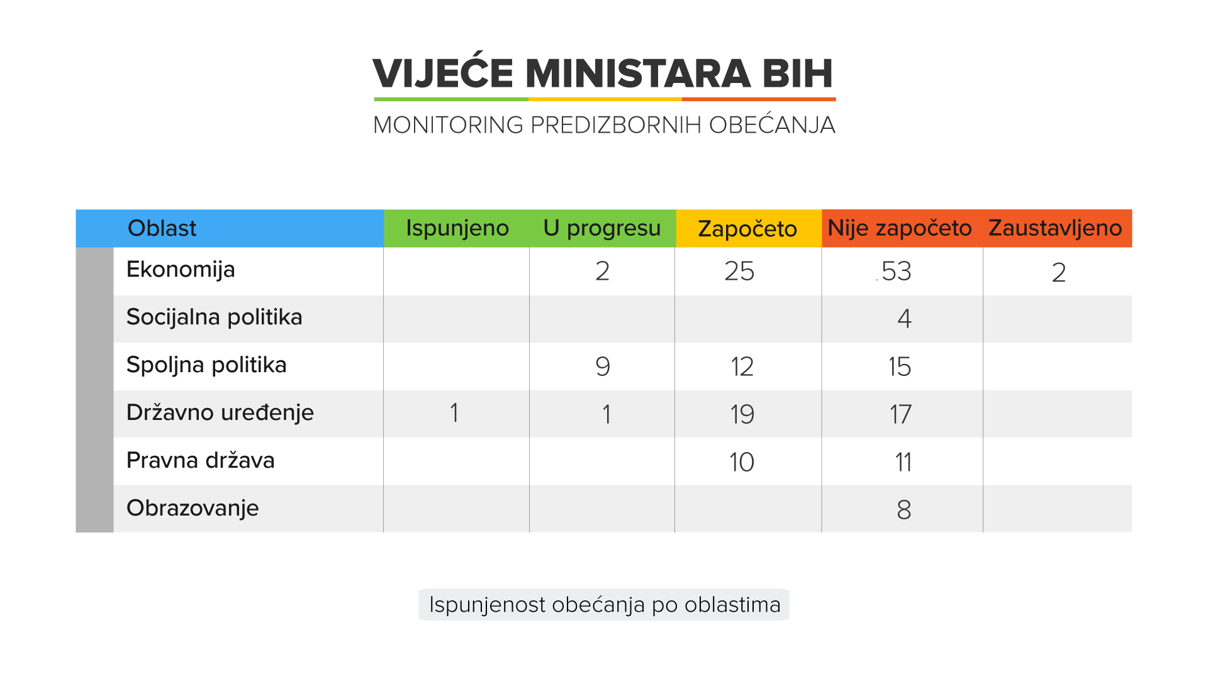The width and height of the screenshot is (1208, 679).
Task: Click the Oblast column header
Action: pyautogui.click(x=162, y=228)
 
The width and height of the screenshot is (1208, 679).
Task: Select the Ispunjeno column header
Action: pyautogui.click(x=457, y=228)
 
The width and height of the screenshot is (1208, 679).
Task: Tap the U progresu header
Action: pyautogui.click(x=602, y=228)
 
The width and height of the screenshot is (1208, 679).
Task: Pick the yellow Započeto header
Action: pyautogui.click(x=747, y=229)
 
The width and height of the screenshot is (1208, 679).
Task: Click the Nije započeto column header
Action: pyautogui.click(x=899, y=228)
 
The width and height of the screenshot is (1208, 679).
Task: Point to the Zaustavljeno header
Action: pyautogui.click(x=1055, y=228)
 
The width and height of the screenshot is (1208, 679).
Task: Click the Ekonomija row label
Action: pyautogui.click(x=181, y=270)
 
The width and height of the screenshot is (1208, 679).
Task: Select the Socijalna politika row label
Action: pyautogui.click(x=214, y=317)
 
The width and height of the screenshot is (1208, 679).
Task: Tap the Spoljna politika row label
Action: pyautogui.click(x=206, y=365)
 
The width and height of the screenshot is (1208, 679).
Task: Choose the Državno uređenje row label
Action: pyautogui.click(x=220, y=413)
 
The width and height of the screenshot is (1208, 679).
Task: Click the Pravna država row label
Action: pyautogui.click(x=200, y=461)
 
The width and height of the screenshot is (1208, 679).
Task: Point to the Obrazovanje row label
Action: pyautogui.click(x=193, y=508)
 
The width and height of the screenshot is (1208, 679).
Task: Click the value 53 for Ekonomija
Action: pyautogui.click(x=896, y=272)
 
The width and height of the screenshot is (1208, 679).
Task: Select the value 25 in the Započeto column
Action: pyautogui.click(x=739, y=272)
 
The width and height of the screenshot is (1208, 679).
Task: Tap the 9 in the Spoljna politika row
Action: pyautogui.click(x=603, y=367)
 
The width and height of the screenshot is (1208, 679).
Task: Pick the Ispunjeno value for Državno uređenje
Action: pyautogui.click(x=454, y=414)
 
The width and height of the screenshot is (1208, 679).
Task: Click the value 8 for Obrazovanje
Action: pyautogui.click(x=904, y=510)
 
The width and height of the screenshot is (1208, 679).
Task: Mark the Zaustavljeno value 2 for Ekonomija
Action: pyautogui.click(x=1059, y=273)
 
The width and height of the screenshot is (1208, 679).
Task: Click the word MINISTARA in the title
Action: pyautogui.click(x=638, y=74)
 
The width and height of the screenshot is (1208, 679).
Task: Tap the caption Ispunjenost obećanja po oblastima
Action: pyautogui.click(x=604, y=605)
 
